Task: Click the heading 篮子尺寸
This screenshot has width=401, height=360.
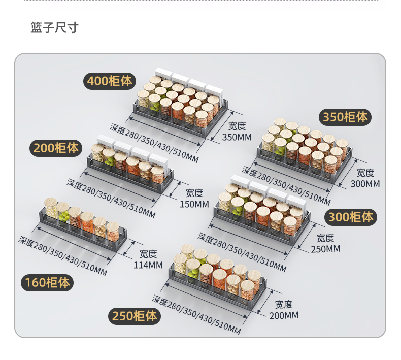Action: [x=55, y=27]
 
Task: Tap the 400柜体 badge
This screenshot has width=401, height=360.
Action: [x=110, y=81]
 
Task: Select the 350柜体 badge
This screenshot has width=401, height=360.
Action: [x=346, y=117]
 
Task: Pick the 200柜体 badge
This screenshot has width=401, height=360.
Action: [x=56, y=148]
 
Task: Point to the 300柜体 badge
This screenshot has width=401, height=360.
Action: [x=351, y=217]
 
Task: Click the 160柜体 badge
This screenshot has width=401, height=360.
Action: [x=47, y=282]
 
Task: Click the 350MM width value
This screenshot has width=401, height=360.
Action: [x=237, y=137]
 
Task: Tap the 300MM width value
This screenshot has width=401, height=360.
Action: [x=365, y=184]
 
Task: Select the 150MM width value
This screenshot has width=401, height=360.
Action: [x=194, y=204]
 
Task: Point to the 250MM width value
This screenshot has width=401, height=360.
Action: [x=325, y=249]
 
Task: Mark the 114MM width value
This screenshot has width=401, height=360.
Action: [x=148, y=265]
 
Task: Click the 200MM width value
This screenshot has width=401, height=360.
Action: [x=284, y=316]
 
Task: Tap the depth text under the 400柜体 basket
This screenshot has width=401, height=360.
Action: [x=154, y=143]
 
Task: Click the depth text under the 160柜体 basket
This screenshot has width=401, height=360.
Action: [x=63, y=255]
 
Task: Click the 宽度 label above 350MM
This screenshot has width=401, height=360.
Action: [x=237, y=126]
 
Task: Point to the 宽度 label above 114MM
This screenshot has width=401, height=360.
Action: [x=148, y=254]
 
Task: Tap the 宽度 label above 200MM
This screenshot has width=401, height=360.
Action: [x=284, y=305]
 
